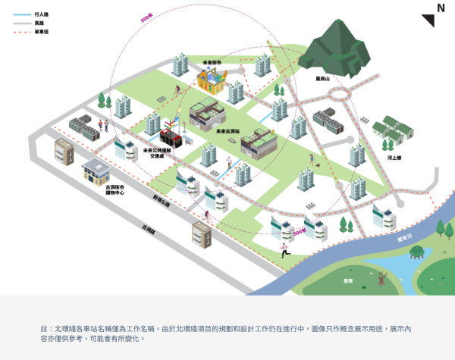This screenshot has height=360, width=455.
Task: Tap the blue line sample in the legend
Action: pos(21,14)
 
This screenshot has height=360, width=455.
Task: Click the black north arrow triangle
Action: pos(428,20)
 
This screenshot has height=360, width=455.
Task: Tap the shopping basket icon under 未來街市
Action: pos(212,78)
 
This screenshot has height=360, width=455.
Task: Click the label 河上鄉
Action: pos(394,158)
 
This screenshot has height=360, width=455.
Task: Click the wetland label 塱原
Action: pos(348,281)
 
